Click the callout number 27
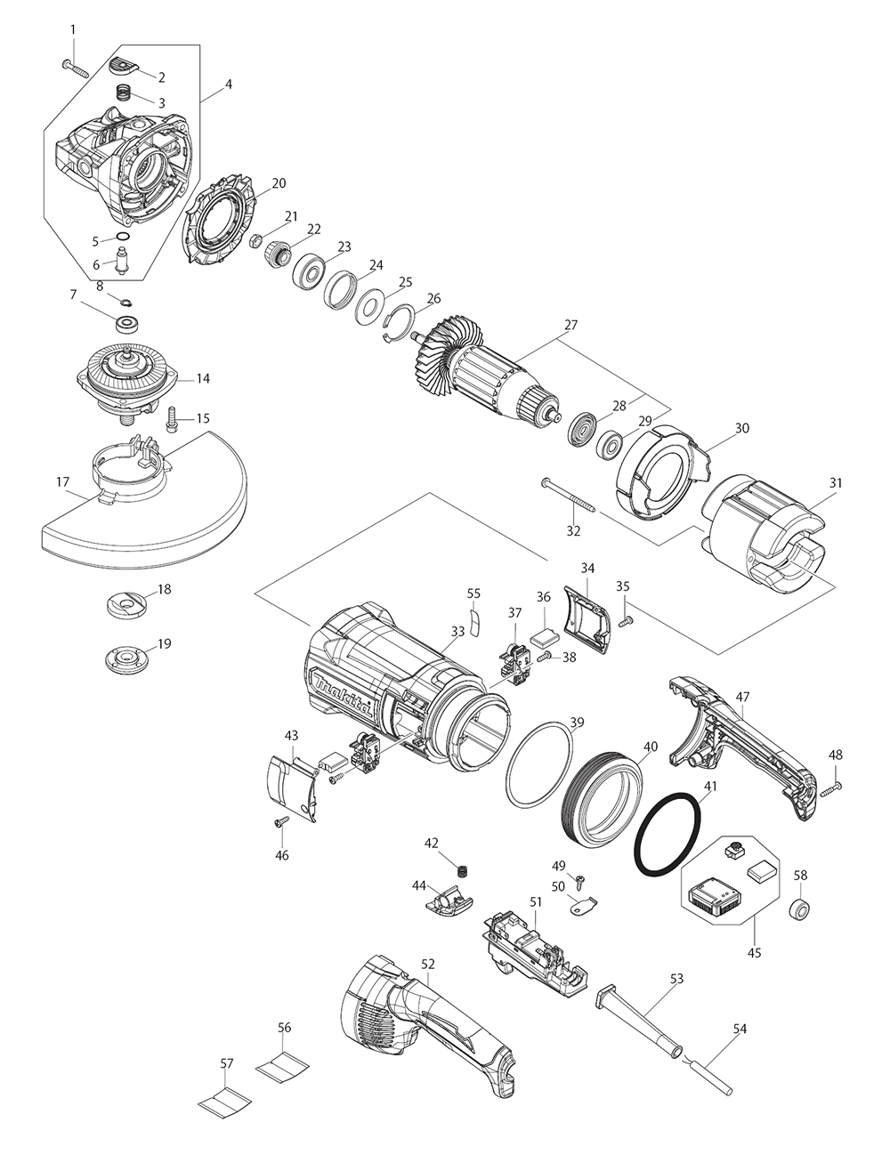(x=570, y=326)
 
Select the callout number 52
(x=428, y=964)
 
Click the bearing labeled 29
(x=611, y=442)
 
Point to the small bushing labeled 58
(x=800, y=909)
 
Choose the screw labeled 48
(x=832, y=787)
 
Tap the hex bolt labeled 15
(x=173, y=416)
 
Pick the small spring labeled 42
(x=461, y=868)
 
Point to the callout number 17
(x=61, y=483)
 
